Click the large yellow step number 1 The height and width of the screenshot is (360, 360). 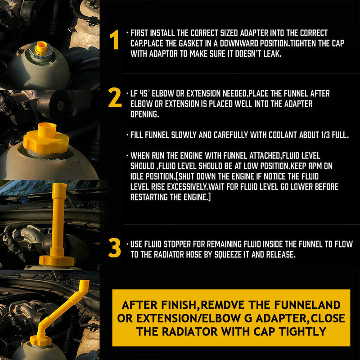[114, 40]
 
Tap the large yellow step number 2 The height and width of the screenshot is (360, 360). [115, 98]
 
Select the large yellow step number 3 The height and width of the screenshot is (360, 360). [114, 248]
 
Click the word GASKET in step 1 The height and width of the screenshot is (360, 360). [190, 43]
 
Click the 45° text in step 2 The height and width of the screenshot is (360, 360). [144, 94]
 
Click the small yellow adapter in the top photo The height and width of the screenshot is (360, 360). [41, 47]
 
